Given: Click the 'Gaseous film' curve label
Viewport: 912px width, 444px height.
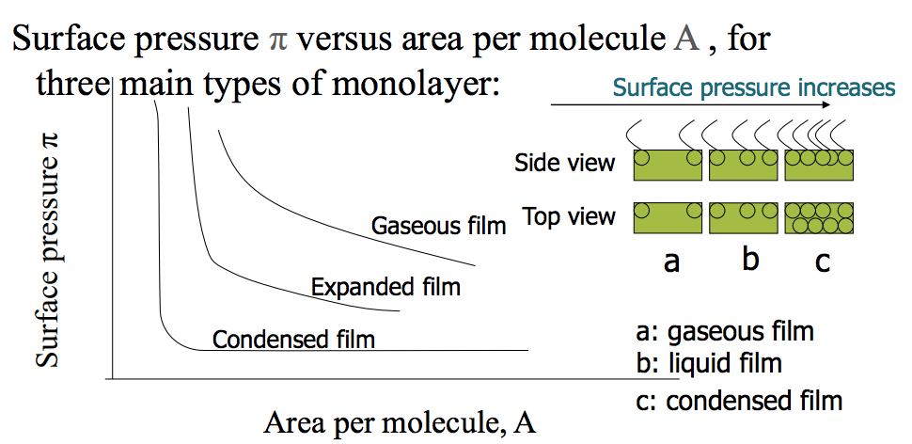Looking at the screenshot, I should click(438, 226).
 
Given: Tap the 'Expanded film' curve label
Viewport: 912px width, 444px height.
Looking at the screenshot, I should click(385, 285).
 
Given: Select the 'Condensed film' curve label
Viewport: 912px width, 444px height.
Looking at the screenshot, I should click(293, 339).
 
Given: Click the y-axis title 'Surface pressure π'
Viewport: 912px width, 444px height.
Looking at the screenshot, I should click(47, 249).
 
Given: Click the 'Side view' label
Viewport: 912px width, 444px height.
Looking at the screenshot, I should click(564, 164).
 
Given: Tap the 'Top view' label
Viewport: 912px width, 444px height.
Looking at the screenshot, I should click(569, 217).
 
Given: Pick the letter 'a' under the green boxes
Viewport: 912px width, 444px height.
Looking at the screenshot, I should click(670, 261).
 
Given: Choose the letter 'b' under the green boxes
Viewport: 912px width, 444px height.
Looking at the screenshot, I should click(749, 258).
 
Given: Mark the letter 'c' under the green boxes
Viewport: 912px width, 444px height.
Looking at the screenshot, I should click(823, 261).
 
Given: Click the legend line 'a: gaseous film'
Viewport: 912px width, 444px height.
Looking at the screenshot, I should click(724, 331).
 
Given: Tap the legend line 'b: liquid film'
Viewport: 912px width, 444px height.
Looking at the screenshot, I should click(709, 362).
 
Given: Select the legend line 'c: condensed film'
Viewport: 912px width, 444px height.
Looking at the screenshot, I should click(739, 401).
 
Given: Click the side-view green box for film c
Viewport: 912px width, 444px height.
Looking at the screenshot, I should click(820, 165).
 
